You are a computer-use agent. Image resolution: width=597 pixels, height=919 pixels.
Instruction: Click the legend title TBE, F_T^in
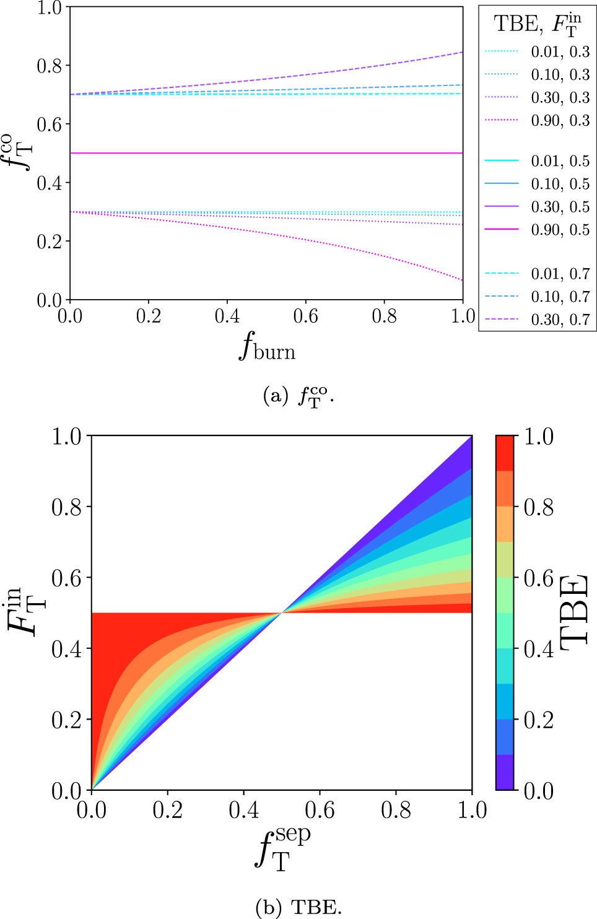tap(537, 25)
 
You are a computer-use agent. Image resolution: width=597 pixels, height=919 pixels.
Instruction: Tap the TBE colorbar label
tap(575, 612)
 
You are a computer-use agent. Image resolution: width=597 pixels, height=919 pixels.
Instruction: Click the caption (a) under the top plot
tap(298, 396)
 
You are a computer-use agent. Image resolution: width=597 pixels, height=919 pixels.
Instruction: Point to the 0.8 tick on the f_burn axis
tap(384, 316)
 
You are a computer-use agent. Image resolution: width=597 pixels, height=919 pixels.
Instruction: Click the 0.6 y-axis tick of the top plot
tap(50, 124)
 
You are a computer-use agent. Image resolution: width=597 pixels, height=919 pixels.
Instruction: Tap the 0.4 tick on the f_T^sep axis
tap(243, 810)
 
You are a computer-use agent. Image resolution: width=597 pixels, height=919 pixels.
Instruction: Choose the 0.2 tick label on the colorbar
tap(539, 720)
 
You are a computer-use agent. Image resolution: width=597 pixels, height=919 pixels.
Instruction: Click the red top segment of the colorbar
tap(505, 453)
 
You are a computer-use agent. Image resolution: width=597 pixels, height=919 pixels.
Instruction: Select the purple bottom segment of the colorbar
tap(505, 772)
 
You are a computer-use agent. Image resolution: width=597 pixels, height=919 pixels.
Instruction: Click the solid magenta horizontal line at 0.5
tap(266, 153)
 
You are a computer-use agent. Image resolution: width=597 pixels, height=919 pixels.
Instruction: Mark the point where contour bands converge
tap(282, 612)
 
